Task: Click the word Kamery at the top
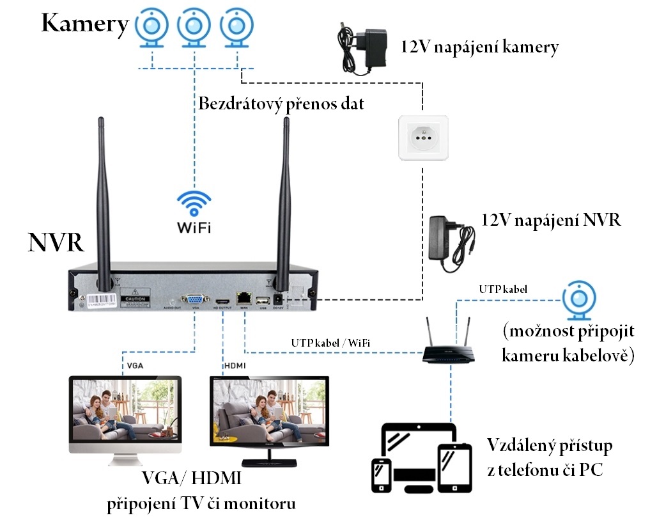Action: tap(85, 24)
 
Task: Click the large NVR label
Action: tap(56, 243)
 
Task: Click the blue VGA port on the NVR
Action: tap(193, 298)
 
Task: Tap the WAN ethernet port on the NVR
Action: tap(244, 298)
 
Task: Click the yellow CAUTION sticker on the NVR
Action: tap(135, 297)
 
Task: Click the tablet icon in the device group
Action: tap(454, 466)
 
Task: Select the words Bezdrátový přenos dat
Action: tap(281, 103)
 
